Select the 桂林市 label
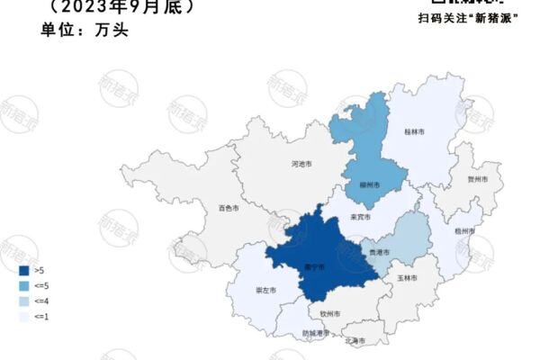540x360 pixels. click(x=415, y=131)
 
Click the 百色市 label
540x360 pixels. click(x=229, y=208)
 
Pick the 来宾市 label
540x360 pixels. click(x=360, y=218)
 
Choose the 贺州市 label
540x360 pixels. click(x=478, y=179)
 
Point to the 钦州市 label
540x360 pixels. click(x=329, y=313)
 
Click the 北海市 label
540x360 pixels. click(x=355, y=340)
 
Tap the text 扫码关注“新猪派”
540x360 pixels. click(x=468, y=17)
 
